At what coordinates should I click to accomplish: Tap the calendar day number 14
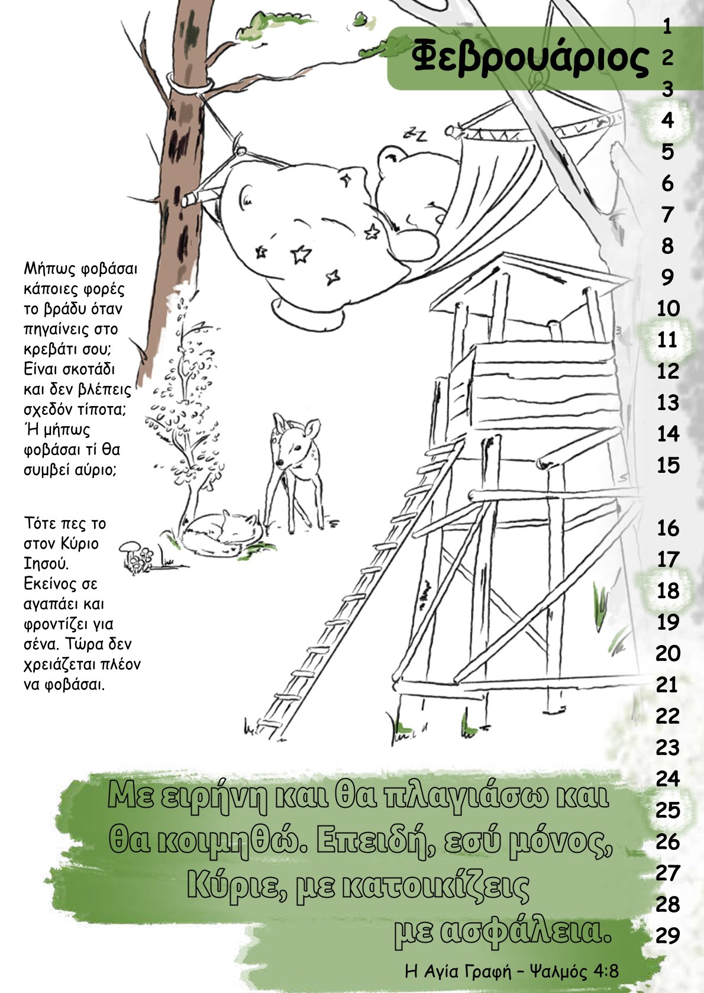pos(668,434)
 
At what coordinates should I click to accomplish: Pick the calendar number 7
pos(668,215)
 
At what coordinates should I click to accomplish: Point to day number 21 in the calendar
pos(668,685)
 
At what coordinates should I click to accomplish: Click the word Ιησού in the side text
pos(46,565)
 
